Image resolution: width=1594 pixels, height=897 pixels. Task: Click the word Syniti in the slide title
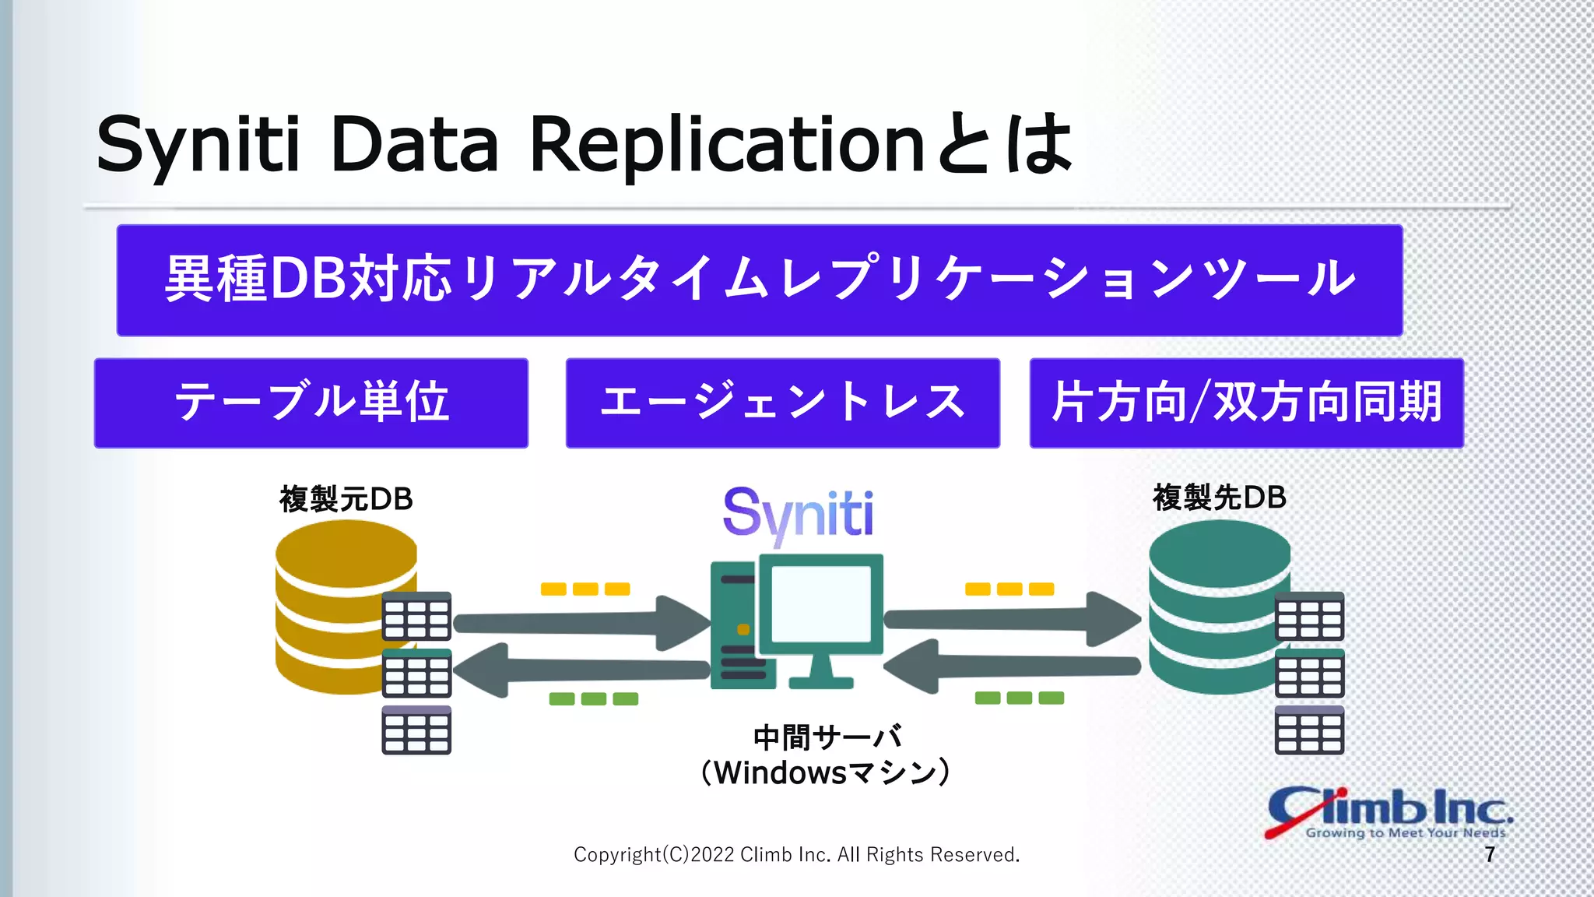click(198, 145)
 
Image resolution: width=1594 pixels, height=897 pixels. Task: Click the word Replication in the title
click(725, 145)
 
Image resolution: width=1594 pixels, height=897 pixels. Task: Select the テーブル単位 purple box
click(311, 403)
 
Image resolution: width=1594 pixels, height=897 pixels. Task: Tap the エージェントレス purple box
click(782, 403)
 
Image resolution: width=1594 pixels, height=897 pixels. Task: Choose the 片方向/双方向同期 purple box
click(1246, 403)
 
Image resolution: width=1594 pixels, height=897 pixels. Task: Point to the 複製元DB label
click(346, 499)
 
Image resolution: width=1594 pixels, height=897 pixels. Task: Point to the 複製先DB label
click(1220, 498)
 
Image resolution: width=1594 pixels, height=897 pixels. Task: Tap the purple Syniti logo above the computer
click(798, 514)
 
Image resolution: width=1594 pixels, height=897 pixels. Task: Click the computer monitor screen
click(820, 603)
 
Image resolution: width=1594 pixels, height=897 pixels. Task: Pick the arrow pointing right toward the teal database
click(1012, 620)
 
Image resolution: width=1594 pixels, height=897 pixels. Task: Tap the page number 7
click(1490, 855)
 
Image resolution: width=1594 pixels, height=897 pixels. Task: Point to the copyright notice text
click(796, 855)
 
